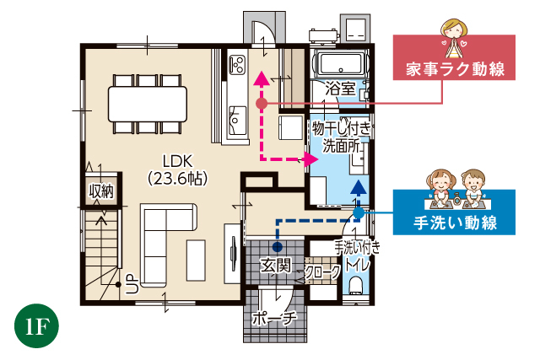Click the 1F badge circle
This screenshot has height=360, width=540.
coord(35,326)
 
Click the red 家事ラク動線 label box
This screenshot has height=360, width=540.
coord(455,69)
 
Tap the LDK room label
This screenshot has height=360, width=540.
coord(179,160)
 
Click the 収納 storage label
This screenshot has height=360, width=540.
coord(101,191)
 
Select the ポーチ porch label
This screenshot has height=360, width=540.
coord(275,318)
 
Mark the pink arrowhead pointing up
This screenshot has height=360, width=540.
coord(261,78)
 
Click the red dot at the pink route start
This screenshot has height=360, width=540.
coord(261,103)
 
